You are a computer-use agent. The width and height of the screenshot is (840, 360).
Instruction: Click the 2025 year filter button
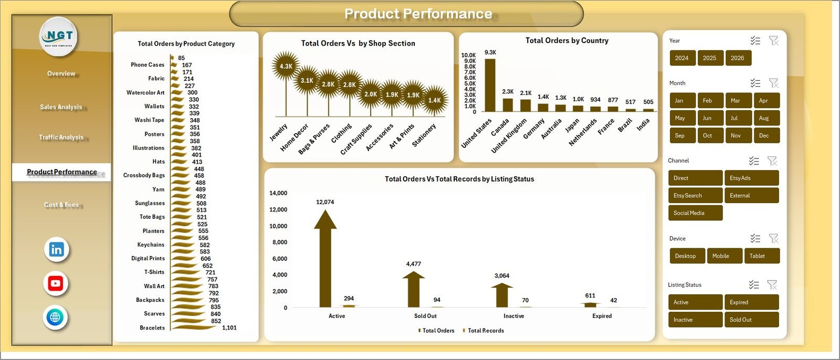[x=709, y=58]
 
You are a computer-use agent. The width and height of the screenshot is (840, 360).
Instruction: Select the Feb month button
[x=707, y=101]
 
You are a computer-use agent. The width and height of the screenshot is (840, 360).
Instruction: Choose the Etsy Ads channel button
[x=751, y=178]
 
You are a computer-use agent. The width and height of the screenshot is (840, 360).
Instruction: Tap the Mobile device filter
[x=724, y=256]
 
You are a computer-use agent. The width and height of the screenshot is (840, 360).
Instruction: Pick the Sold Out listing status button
[x=751, y=320]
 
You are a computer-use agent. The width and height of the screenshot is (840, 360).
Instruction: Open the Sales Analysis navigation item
[x=61, y=107]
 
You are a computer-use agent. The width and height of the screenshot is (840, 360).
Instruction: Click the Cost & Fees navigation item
[x=61, y=205]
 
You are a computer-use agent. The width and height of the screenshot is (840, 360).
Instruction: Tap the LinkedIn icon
[x=56, y=249]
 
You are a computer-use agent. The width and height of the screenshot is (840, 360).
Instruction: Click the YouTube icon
[x=56, y=283]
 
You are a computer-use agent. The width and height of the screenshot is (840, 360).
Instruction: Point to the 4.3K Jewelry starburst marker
[x=286, y=66]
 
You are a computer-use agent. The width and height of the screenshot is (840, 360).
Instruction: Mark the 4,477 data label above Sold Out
[x=413, y=264]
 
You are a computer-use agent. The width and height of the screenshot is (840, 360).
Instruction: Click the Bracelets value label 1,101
[x=229, y=327]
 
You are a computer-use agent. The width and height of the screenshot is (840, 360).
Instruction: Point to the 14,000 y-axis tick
[x=278, y=193]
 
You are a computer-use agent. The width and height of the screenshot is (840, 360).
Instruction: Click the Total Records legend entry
[x=485, y=331]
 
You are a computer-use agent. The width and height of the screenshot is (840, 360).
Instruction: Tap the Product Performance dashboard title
[x=418, y=14]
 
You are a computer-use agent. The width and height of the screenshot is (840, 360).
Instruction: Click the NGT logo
[x=59, y=36]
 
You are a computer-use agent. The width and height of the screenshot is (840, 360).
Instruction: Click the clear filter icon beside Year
[x=773, y=41]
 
